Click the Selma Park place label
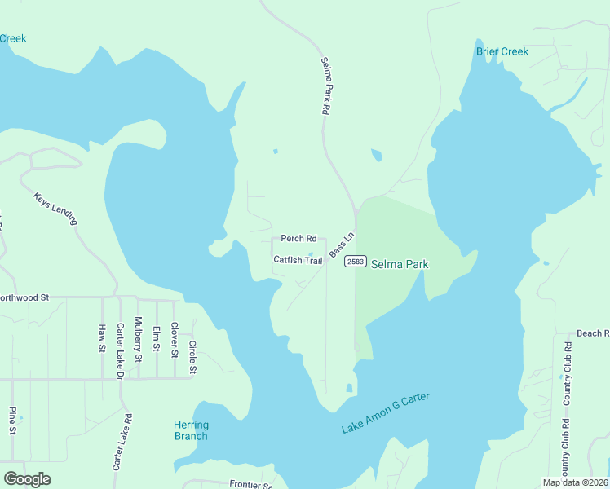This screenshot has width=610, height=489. tap(400, 264)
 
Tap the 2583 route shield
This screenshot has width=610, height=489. tap(355, 261)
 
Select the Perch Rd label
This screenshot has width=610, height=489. tap(298, 239)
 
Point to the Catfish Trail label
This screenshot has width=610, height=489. tap(298, 260)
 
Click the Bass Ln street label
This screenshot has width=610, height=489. tap(342, 247)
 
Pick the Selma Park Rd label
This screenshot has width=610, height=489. tap(325, 85)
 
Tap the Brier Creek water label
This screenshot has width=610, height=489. tap(502, 51)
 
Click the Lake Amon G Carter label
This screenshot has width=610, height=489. tap(385, 413)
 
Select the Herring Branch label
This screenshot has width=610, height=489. tap(191, 430)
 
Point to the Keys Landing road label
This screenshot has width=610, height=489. tap(55, 209)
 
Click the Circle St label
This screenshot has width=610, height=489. tap(192, 357)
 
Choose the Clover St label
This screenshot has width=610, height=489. tap(174, 341)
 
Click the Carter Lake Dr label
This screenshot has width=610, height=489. tap(119, 351)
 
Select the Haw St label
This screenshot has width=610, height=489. tap(102, 337)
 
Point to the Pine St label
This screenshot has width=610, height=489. tap(12, 421)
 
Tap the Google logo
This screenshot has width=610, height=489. tap(28, 479)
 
